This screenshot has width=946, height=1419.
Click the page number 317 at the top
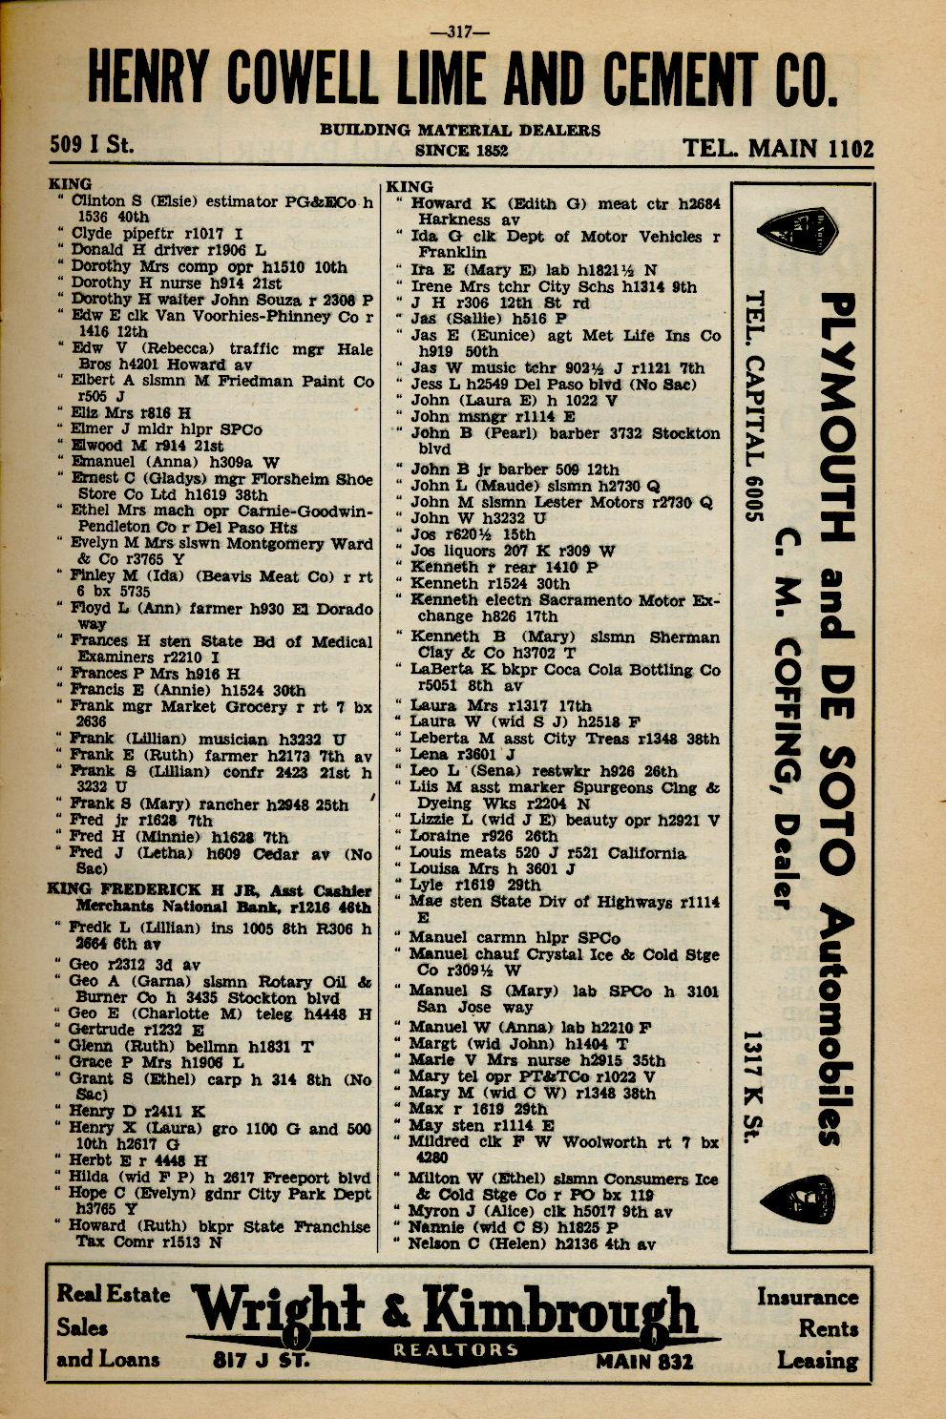(461, 31)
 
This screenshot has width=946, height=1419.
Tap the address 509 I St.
(92, 146)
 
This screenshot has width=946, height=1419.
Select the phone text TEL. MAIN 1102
(777, 149)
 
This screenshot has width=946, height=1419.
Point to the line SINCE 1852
(461, 150)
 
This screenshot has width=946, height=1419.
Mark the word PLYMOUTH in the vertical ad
(837, 417)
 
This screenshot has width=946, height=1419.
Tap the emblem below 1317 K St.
(798, 1200)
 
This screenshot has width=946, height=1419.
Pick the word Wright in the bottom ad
(278, 1307)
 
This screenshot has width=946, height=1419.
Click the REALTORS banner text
(455, 1349)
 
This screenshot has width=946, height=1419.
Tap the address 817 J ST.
(261, 1360)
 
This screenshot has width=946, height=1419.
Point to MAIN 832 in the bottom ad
(644, 1362)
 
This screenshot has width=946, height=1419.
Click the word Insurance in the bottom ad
(807, 1297)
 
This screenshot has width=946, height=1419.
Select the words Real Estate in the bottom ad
(113, 1295)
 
